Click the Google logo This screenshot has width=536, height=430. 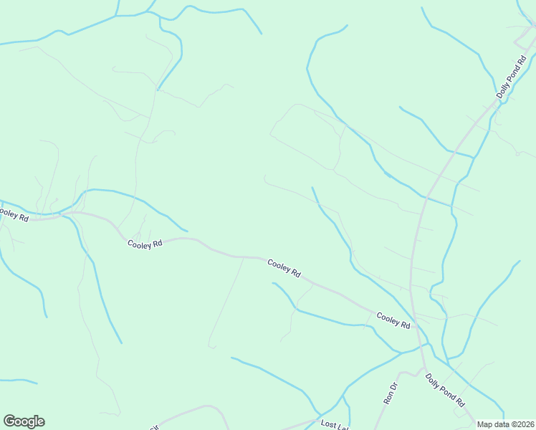(x=24, y=421)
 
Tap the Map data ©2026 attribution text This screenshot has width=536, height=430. (x=506, y=424)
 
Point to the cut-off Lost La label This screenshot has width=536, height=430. (x=334, y=425)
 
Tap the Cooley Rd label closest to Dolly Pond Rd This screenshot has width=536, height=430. (x=393, y=320)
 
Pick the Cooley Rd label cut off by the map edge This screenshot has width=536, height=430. (x=14, y=214)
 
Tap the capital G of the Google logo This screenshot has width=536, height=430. (x=9, y=421)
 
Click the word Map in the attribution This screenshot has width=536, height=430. (x=485, y=424)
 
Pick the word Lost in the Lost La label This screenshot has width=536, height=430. (x=329, y=424)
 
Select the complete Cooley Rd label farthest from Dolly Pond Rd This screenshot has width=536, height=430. (x=145, y=244)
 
